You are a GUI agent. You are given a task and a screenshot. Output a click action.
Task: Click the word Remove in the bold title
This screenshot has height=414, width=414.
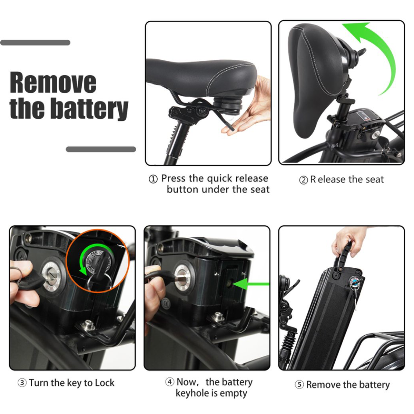tap(53, 82)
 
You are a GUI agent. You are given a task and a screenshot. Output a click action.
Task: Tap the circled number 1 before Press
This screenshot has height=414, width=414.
tap(153, 179)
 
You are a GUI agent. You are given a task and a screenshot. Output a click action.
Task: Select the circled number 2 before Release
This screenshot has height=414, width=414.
tap(303, 180)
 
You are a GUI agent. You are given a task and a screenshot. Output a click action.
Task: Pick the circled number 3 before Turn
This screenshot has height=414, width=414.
tap(22, 383)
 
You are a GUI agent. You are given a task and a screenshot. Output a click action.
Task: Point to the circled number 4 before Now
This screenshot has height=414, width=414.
tap(169, 382)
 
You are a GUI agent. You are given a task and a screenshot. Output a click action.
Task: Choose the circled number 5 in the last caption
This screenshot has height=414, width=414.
tap(299, 385)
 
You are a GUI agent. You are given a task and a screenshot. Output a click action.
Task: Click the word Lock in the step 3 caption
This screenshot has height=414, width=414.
tap(105, 383)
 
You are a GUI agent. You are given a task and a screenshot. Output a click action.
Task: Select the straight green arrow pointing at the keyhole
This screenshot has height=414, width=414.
tap(251, 284)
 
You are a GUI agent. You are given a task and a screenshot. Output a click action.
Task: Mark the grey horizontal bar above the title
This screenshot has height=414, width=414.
tap(35, 42)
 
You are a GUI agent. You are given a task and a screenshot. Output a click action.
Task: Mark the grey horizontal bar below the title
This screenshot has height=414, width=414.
tap(101, 149)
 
